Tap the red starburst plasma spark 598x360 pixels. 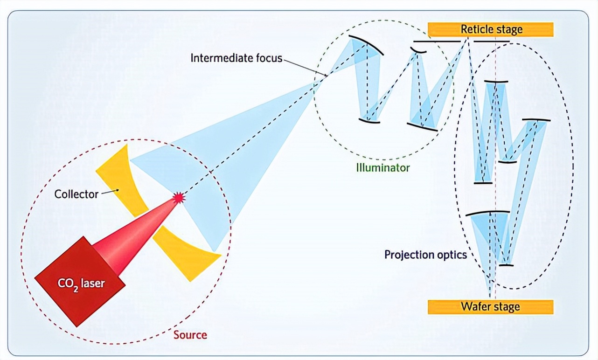[178, 198]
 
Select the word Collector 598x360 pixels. [76, 194]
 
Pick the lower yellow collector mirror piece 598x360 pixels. [187, 252]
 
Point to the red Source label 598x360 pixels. [190, 335]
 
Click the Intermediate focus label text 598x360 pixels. [236, 58]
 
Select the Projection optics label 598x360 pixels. [425, 255]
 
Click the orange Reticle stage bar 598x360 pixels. [491, 29]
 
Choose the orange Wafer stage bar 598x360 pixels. [490, 307]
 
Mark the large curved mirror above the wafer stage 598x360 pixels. [487, 213]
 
